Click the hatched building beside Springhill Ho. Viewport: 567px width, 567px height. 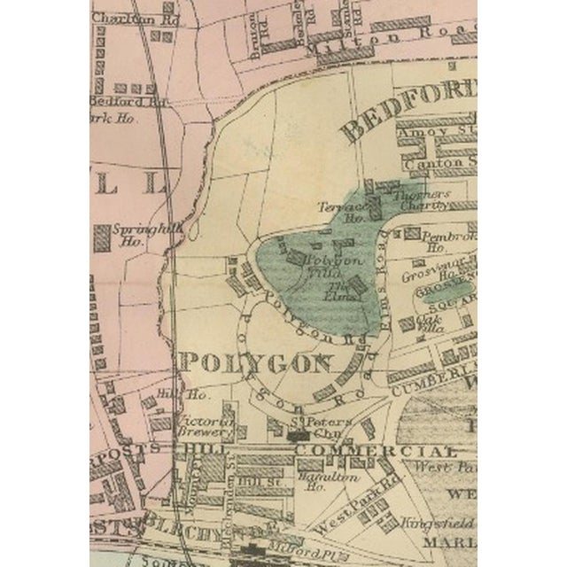point(101,237)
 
